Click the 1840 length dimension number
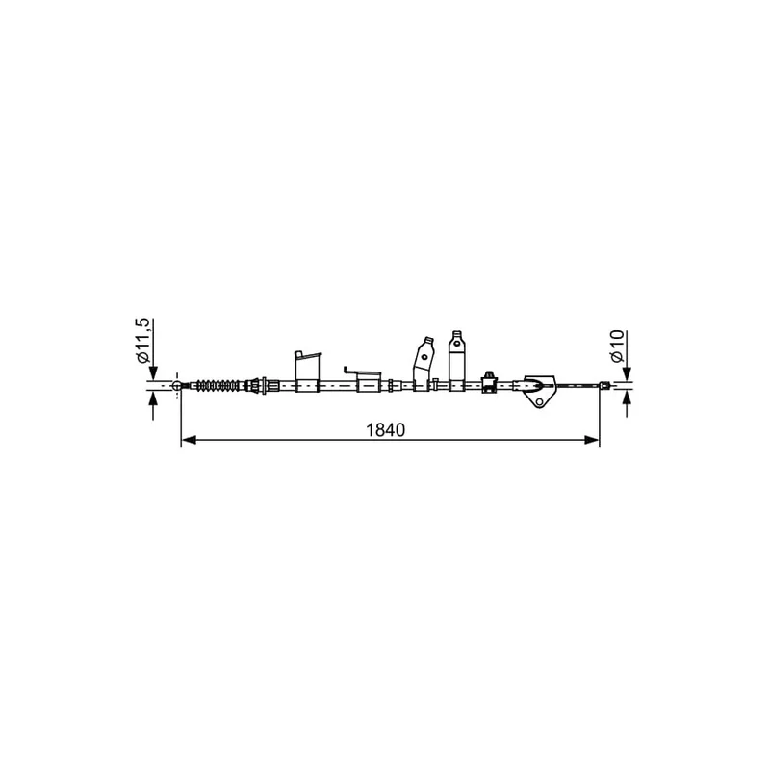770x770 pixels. (x=386, y=430)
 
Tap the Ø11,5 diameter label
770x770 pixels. (x=141, y=341)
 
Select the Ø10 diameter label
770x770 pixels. (x=617, y=346)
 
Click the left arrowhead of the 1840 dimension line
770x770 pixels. (x=189, y=440)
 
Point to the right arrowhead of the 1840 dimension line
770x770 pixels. (x=592, y=440)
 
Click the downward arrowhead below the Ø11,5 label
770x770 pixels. (x=153, y=373)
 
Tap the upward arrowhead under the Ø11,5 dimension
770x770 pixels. (x=153, y=398)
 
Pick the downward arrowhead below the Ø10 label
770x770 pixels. (x=627, y=373)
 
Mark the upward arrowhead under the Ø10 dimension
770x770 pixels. (x=627, y=398)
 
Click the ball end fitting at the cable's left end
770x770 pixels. (x=177, y=386)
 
